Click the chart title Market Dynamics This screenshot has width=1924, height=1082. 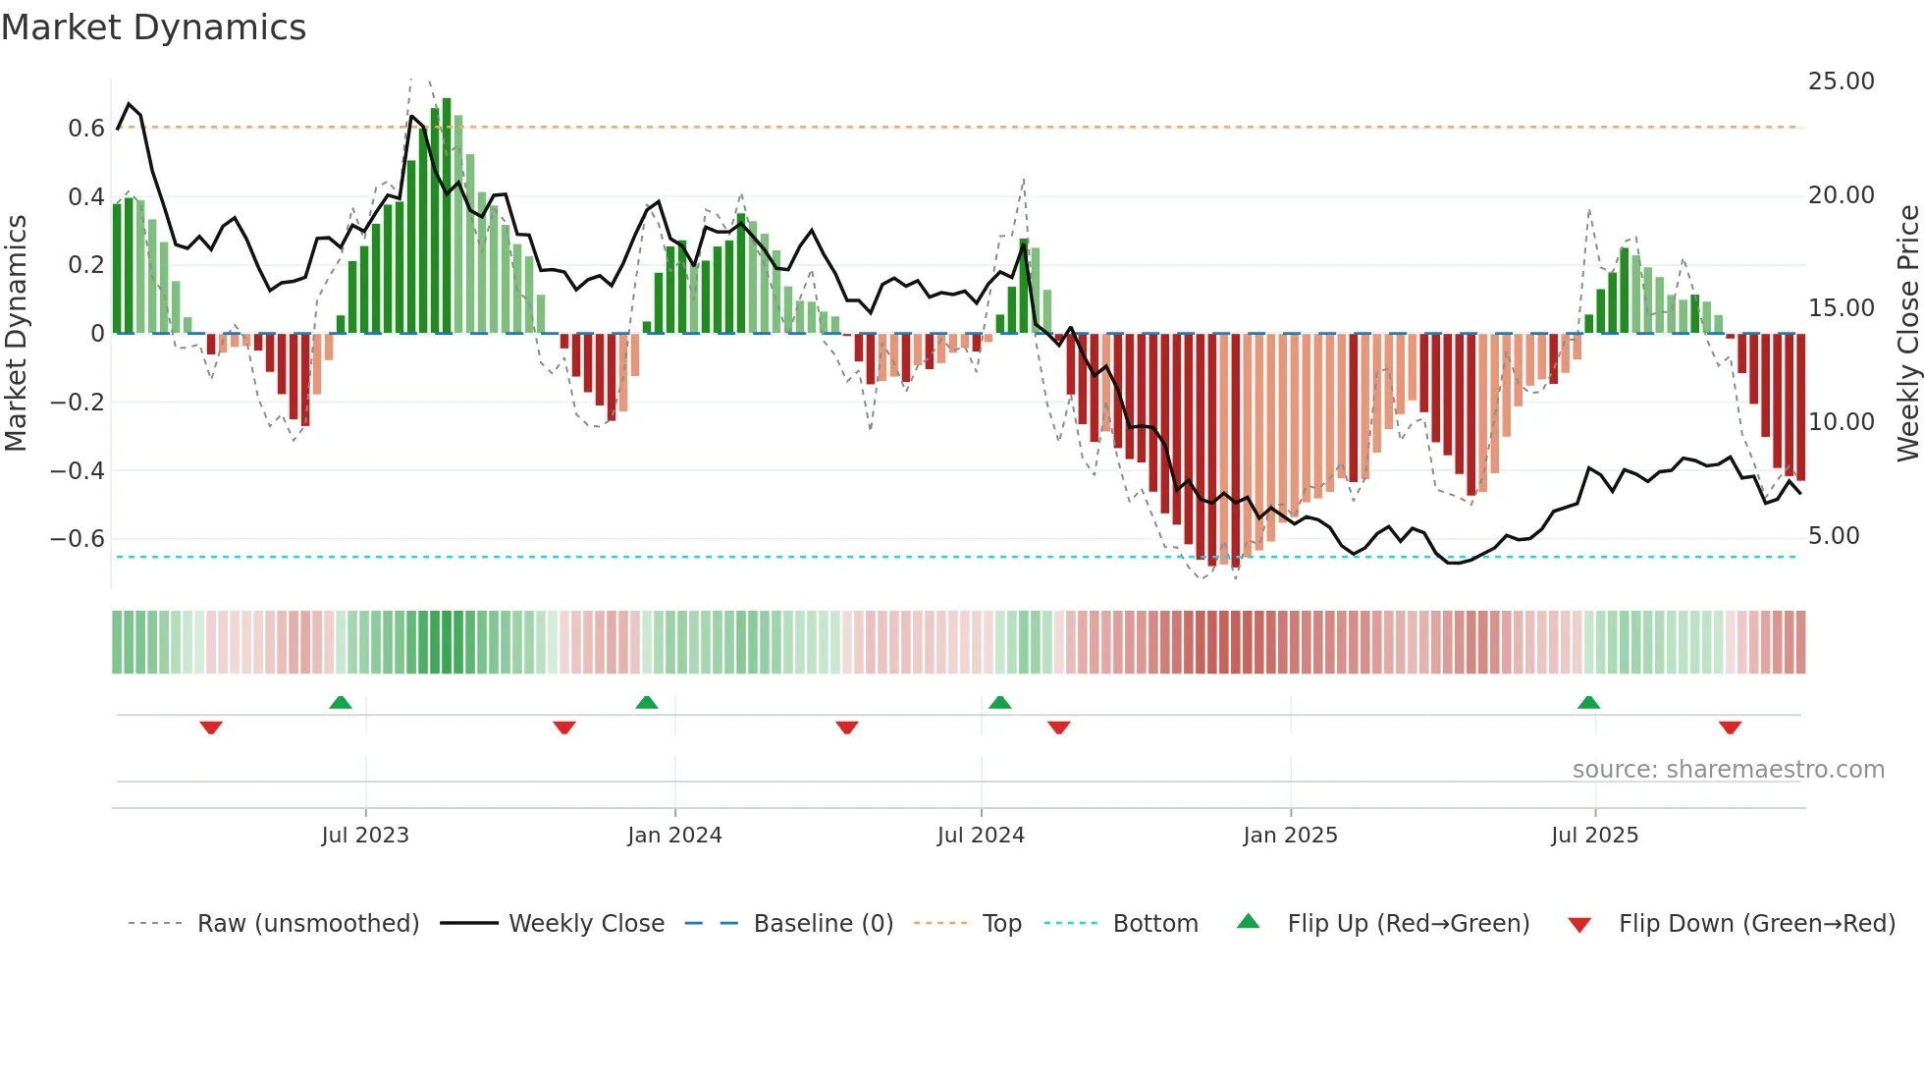point(153,27)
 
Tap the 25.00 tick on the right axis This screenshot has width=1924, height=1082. point(1841,81)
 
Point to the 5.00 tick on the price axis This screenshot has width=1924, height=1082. point(1834,536)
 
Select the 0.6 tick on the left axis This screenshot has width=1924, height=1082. point(86,129)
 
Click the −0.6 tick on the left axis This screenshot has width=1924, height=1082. point(78,539)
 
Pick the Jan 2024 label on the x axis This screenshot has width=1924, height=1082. point(674,836)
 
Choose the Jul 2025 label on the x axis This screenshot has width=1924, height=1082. point(1594,836)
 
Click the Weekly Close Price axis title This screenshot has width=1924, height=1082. point(1907,333)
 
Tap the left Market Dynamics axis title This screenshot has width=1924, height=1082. point(16,333)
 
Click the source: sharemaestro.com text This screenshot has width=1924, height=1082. point(1728,770)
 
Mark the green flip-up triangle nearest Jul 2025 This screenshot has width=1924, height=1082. point(1588,702)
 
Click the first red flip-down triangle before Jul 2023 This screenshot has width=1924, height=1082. point(211,728)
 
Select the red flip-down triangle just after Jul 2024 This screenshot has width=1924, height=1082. point(1058,728)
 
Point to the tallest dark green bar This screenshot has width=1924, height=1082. point(447,216)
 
